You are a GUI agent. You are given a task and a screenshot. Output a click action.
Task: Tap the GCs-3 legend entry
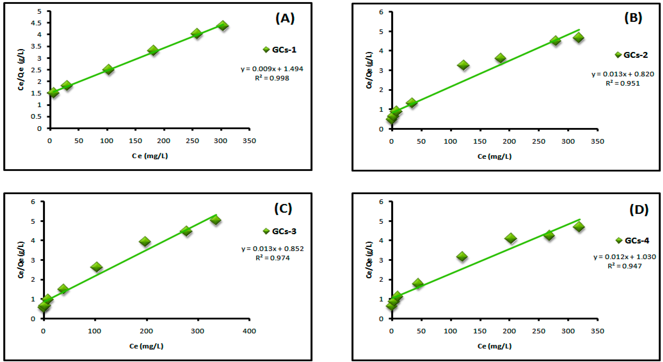[x=280, y=231]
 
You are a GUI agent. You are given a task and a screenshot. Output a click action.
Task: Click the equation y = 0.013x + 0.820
[x=623, y=74]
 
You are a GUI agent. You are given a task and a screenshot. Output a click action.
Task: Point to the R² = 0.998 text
[x=272, y=78]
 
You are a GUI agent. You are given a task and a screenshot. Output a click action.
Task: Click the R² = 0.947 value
[x=625, y=266]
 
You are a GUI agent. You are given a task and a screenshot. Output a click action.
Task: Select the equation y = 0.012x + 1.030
[x=625, y=257]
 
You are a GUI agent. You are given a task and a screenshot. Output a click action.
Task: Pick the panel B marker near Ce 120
[x=463, y=65]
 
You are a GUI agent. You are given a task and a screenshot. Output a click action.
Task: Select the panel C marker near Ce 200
[x=145, y=241]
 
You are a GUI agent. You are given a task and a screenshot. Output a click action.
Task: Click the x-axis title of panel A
[x=150, y=156]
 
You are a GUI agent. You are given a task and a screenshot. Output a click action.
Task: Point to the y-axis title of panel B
[x=369, y=70]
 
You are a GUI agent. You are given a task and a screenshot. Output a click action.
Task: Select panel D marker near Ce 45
[x=418, y=283]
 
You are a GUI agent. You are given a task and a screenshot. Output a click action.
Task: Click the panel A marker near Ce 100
[x=108, y=69]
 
